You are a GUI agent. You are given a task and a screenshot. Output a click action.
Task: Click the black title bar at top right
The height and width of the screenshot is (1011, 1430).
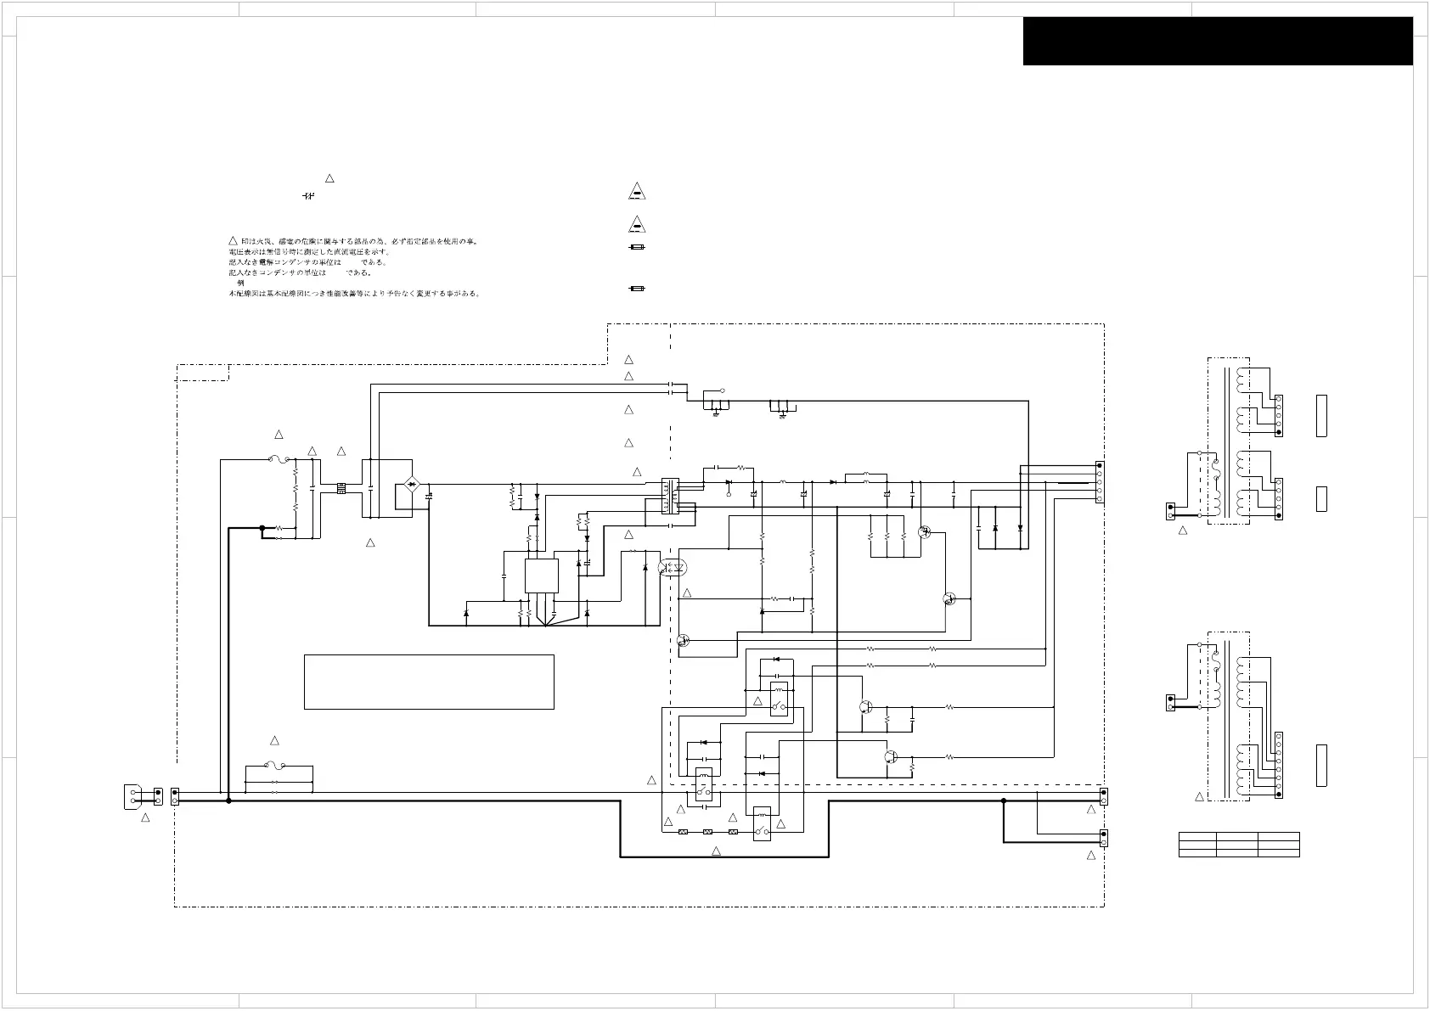point(1218,41)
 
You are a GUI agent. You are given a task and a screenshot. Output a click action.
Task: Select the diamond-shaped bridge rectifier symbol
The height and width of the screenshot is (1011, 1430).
point(412,485)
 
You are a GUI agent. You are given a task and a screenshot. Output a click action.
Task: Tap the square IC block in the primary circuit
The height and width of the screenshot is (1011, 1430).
point(542,576)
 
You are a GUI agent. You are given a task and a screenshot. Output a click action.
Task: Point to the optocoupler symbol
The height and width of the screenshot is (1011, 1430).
point(673,567)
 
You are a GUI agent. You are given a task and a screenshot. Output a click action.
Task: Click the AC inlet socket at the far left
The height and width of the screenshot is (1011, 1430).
point(134,796)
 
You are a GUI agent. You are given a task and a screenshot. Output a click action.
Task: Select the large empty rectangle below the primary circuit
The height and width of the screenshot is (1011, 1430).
point(429,682)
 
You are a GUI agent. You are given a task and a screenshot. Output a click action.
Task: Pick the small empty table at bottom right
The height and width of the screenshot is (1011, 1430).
point(1239,845)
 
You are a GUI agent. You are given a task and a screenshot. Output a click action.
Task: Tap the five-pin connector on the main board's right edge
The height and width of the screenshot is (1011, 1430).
point(1100,483)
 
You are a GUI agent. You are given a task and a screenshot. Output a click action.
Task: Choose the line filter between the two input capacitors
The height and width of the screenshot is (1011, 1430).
point(341,488)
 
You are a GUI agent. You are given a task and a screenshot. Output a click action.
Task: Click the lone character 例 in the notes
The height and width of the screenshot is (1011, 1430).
point(241,283)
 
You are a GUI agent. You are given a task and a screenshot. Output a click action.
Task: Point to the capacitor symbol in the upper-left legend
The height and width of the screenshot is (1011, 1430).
point(308,196)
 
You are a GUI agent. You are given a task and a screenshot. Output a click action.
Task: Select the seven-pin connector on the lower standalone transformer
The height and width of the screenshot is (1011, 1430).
point(1279,765)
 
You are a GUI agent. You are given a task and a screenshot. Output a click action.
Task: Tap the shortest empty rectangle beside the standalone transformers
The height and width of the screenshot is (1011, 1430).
point(1321,499)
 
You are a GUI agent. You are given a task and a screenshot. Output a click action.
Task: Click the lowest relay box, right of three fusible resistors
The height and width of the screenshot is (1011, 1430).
point(762,824)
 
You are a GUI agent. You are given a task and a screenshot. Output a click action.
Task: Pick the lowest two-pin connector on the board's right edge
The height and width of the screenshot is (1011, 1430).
point(1103,838)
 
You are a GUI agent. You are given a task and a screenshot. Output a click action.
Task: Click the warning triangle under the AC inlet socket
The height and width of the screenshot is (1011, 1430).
point(145,817)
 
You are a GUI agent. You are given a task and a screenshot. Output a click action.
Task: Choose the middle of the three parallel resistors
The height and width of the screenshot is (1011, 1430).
point(887,537)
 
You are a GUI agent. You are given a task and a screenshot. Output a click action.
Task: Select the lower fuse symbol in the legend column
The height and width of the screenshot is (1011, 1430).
point(637,289)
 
